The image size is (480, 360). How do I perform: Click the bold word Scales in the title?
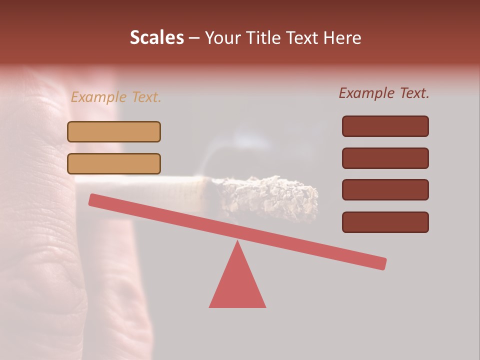(156, 38)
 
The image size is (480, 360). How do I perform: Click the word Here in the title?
(341, 38)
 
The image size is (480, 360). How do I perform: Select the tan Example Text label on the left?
(116, 97)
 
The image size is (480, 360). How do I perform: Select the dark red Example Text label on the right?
(384, 93)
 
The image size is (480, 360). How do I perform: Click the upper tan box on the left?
(114, 131)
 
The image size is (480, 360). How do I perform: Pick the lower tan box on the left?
(114, 163)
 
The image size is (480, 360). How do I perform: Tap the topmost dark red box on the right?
(385, 126)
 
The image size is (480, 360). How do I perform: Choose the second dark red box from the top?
(385, 158)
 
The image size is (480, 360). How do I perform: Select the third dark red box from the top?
(385, 190)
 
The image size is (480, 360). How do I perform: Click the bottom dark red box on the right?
(385, 222)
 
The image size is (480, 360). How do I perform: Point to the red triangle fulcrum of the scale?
(237, 282)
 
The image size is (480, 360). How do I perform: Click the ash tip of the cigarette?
(270, 195)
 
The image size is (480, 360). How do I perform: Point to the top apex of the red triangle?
(237, 242)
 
